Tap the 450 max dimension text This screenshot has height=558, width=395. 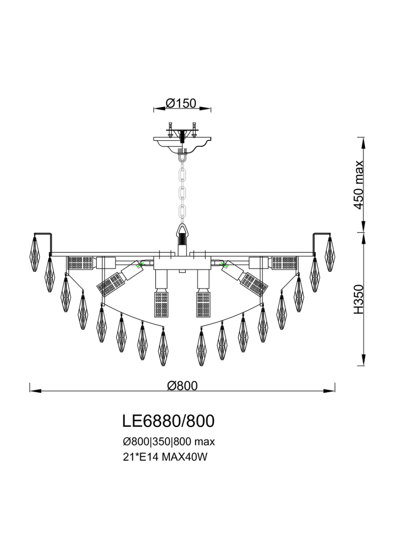358,185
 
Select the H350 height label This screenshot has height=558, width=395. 358,299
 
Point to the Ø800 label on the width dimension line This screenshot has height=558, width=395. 182,385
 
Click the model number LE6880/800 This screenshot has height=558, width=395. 168,421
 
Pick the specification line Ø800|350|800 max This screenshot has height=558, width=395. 168,441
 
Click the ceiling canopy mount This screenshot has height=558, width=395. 183,142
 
